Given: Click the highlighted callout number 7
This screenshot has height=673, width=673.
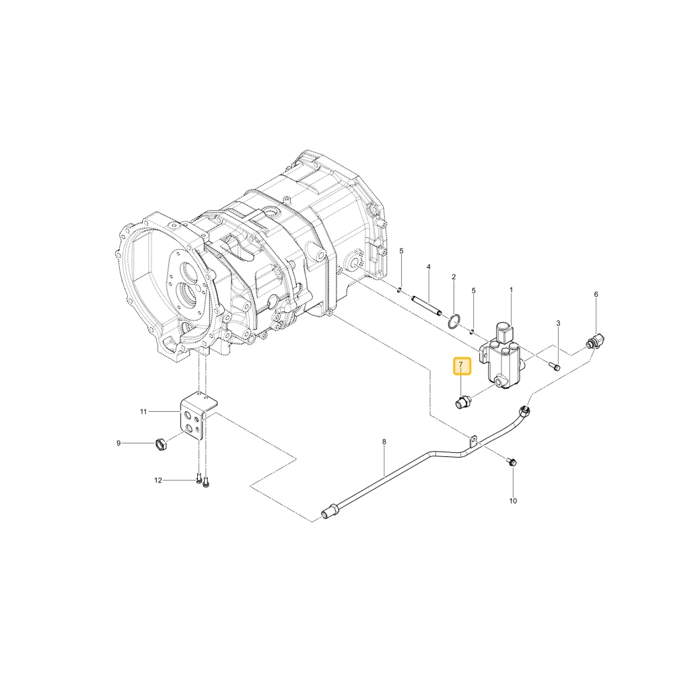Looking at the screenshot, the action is click(462, 365).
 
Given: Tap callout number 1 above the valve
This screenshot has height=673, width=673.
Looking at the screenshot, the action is click(511, 290).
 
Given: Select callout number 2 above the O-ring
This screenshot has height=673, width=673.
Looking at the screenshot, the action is click(454, 277).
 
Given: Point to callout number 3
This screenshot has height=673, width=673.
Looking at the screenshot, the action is click(558, 323).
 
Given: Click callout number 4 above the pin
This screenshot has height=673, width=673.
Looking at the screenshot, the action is click(428, 267).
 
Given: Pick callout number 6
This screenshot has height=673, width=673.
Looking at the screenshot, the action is click(596, 295).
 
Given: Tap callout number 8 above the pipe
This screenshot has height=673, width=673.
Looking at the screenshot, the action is click(384, 441).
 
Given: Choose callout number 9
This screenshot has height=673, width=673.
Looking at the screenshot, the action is click(118, 443).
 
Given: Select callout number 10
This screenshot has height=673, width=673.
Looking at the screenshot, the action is click(513, 501).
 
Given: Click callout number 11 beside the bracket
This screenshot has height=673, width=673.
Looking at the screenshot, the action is click(143, 412).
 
